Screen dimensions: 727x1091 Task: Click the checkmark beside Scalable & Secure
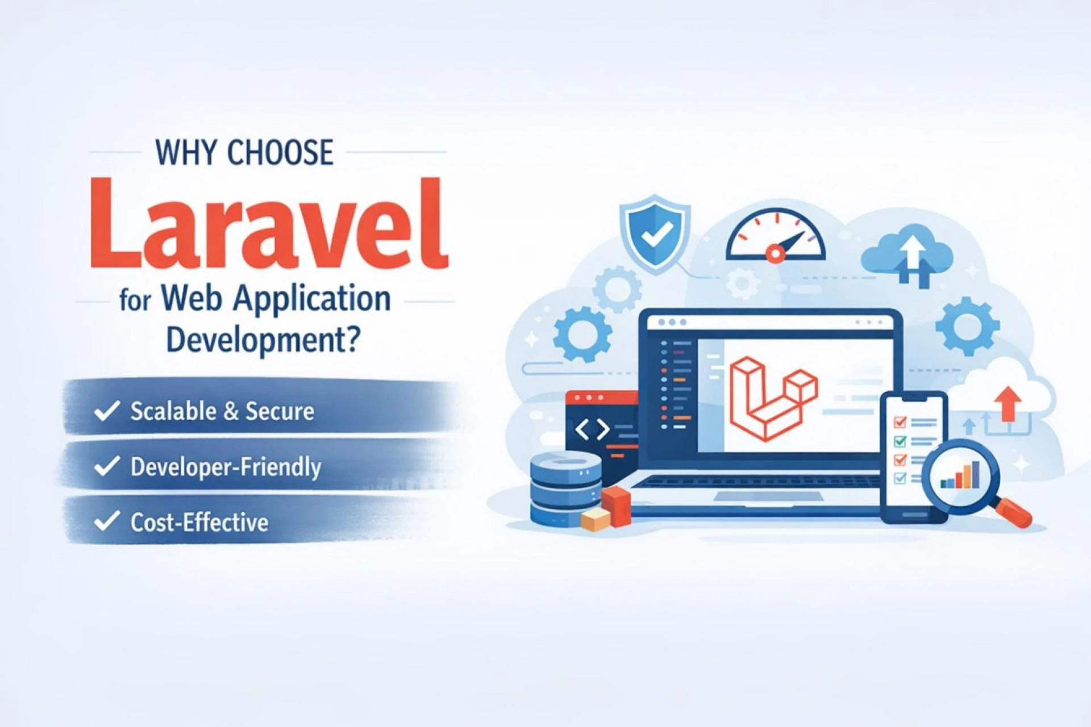107,411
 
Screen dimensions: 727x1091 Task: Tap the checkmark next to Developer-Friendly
107,466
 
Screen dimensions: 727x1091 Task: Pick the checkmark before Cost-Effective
107,521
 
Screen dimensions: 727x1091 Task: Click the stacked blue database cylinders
565,488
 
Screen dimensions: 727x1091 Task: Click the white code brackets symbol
592,430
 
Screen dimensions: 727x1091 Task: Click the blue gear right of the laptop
967,326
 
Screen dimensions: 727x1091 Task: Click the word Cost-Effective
199,522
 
